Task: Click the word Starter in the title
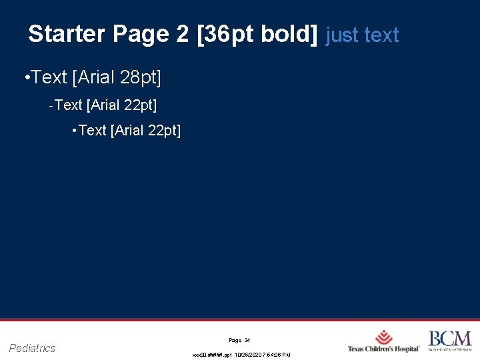pos(67,34)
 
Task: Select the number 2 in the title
pos(183,34)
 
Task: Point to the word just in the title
pos(341,35)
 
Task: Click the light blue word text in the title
pos(381,35)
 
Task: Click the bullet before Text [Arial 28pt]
pos(25,78)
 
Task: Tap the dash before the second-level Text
pos(51,105)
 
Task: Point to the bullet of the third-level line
pos(74,131)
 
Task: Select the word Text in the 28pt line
pos(49,78)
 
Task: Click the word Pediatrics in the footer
pos(33,348)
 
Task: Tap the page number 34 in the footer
pos(247,340)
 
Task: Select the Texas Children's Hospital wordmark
pos(383,349)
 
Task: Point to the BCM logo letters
pos(449,338)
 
